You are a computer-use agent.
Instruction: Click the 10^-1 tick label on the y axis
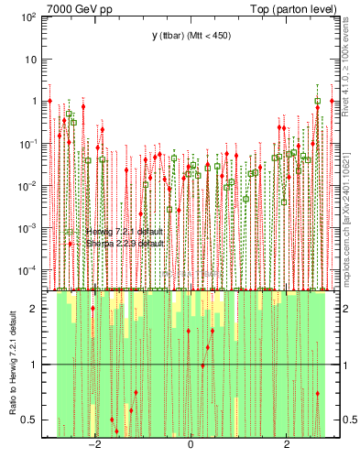28,144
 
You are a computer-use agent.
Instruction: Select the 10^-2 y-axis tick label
28,186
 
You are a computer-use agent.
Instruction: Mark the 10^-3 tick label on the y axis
28,228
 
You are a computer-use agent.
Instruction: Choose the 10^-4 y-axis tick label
28,270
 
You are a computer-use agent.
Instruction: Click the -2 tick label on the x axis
93,446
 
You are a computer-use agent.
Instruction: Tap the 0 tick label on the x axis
191,446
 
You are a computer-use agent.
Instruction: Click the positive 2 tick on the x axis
287,446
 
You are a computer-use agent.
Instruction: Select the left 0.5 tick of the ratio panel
32,420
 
